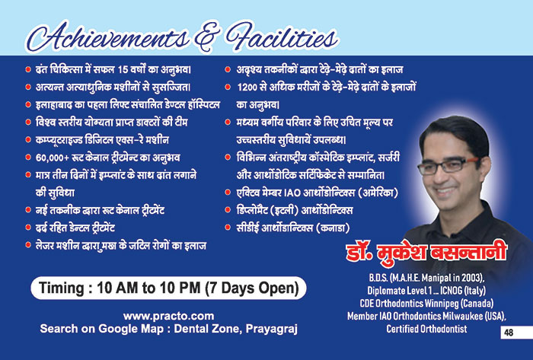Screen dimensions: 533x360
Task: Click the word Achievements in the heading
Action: coord(108,37)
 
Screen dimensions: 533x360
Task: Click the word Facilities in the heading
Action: coord(282,37)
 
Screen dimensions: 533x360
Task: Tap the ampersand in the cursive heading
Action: coord(207,37)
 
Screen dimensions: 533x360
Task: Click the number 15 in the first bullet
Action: coord(123,69)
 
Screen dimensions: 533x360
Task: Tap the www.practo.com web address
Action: coord(168,316)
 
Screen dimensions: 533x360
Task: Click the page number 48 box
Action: coord(516,332)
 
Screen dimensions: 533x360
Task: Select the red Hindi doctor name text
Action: coord(426,253)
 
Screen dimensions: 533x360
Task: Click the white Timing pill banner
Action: coord(168,288)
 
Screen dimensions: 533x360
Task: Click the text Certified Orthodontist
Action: coord(426,329)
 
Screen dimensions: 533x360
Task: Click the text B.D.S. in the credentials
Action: coord(378,278)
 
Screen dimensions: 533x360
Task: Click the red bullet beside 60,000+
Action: coord(28,158)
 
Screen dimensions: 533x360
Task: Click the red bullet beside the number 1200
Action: coord(228,87)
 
